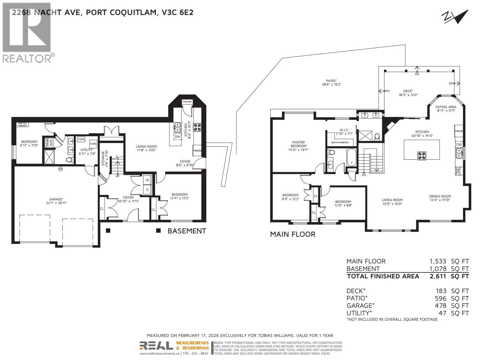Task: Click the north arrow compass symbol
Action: (455, 17)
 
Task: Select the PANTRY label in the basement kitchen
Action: (187, 102)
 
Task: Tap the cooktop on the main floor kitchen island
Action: (421, 155)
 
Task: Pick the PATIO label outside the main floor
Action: (331, 81)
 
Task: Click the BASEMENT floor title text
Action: (187, 231)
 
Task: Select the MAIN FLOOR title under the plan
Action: (292, 234)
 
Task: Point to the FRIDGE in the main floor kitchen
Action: (459, 131)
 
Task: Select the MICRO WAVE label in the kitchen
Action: (458, 171)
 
